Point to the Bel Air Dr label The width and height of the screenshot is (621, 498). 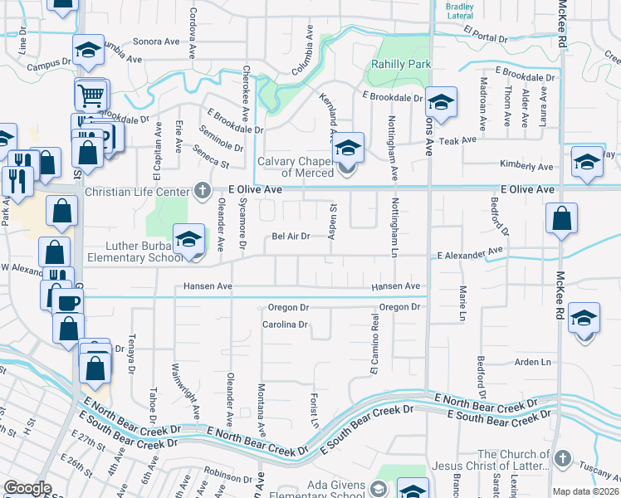point(291,237)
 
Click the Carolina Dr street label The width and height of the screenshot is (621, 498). point(286,325)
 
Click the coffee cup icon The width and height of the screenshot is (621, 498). point(68,301)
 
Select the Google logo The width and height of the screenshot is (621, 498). point(27,488)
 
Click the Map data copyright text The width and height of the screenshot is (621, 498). point(586,491)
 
